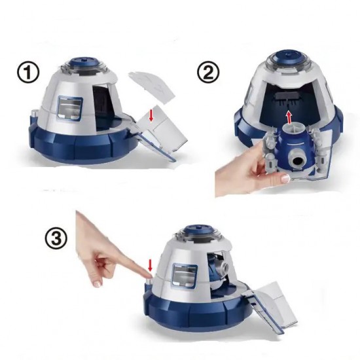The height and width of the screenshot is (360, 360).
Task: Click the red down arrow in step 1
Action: point(151,115)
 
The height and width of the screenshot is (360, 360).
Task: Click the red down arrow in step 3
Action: point(150,265)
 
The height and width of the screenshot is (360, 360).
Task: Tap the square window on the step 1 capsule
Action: point(71,108)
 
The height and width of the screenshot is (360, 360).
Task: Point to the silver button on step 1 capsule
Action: point(34,113)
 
